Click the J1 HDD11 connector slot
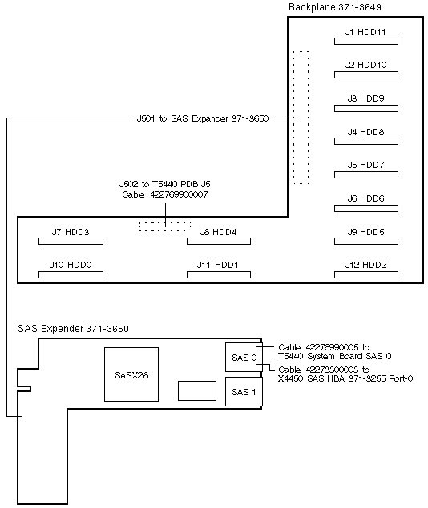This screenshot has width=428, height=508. (x=366, y=41)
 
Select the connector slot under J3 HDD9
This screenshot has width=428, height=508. (x=366, y=109)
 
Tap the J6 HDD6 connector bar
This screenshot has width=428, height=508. (x=366, y=208)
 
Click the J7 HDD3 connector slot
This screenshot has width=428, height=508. (x=71, y=242)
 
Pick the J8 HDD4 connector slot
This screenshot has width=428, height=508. (x=219, y=242)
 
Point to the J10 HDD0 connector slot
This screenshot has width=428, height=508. (x=71, y=274)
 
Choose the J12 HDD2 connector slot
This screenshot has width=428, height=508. (x=366, y=274)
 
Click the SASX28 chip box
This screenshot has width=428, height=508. (x=131, y=374)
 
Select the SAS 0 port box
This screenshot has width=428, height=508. (x=244, y=357)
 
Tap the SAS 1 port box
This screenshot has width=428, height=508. (x=244, y=391)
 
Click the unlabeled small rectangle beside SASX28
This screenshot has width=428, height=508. (x=197, y=390)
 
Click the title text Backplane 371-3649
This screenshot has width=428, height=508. (x=335, y=7)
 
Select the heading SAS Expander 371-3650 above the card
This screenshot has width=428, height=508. (x=73, y=329)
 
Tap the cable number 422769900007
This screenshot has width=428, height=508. (x=179, y=194)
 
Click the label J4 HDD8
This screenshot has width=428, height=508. (x=365, y=132)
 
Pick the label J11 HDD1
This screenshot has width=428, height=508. (x=217, y=265)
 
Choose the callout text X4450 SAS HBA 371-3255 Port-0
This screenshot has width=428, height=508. (x=345, y=378)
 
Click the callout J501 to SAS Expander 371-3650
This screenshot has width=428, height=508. (x=203, y=118)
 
